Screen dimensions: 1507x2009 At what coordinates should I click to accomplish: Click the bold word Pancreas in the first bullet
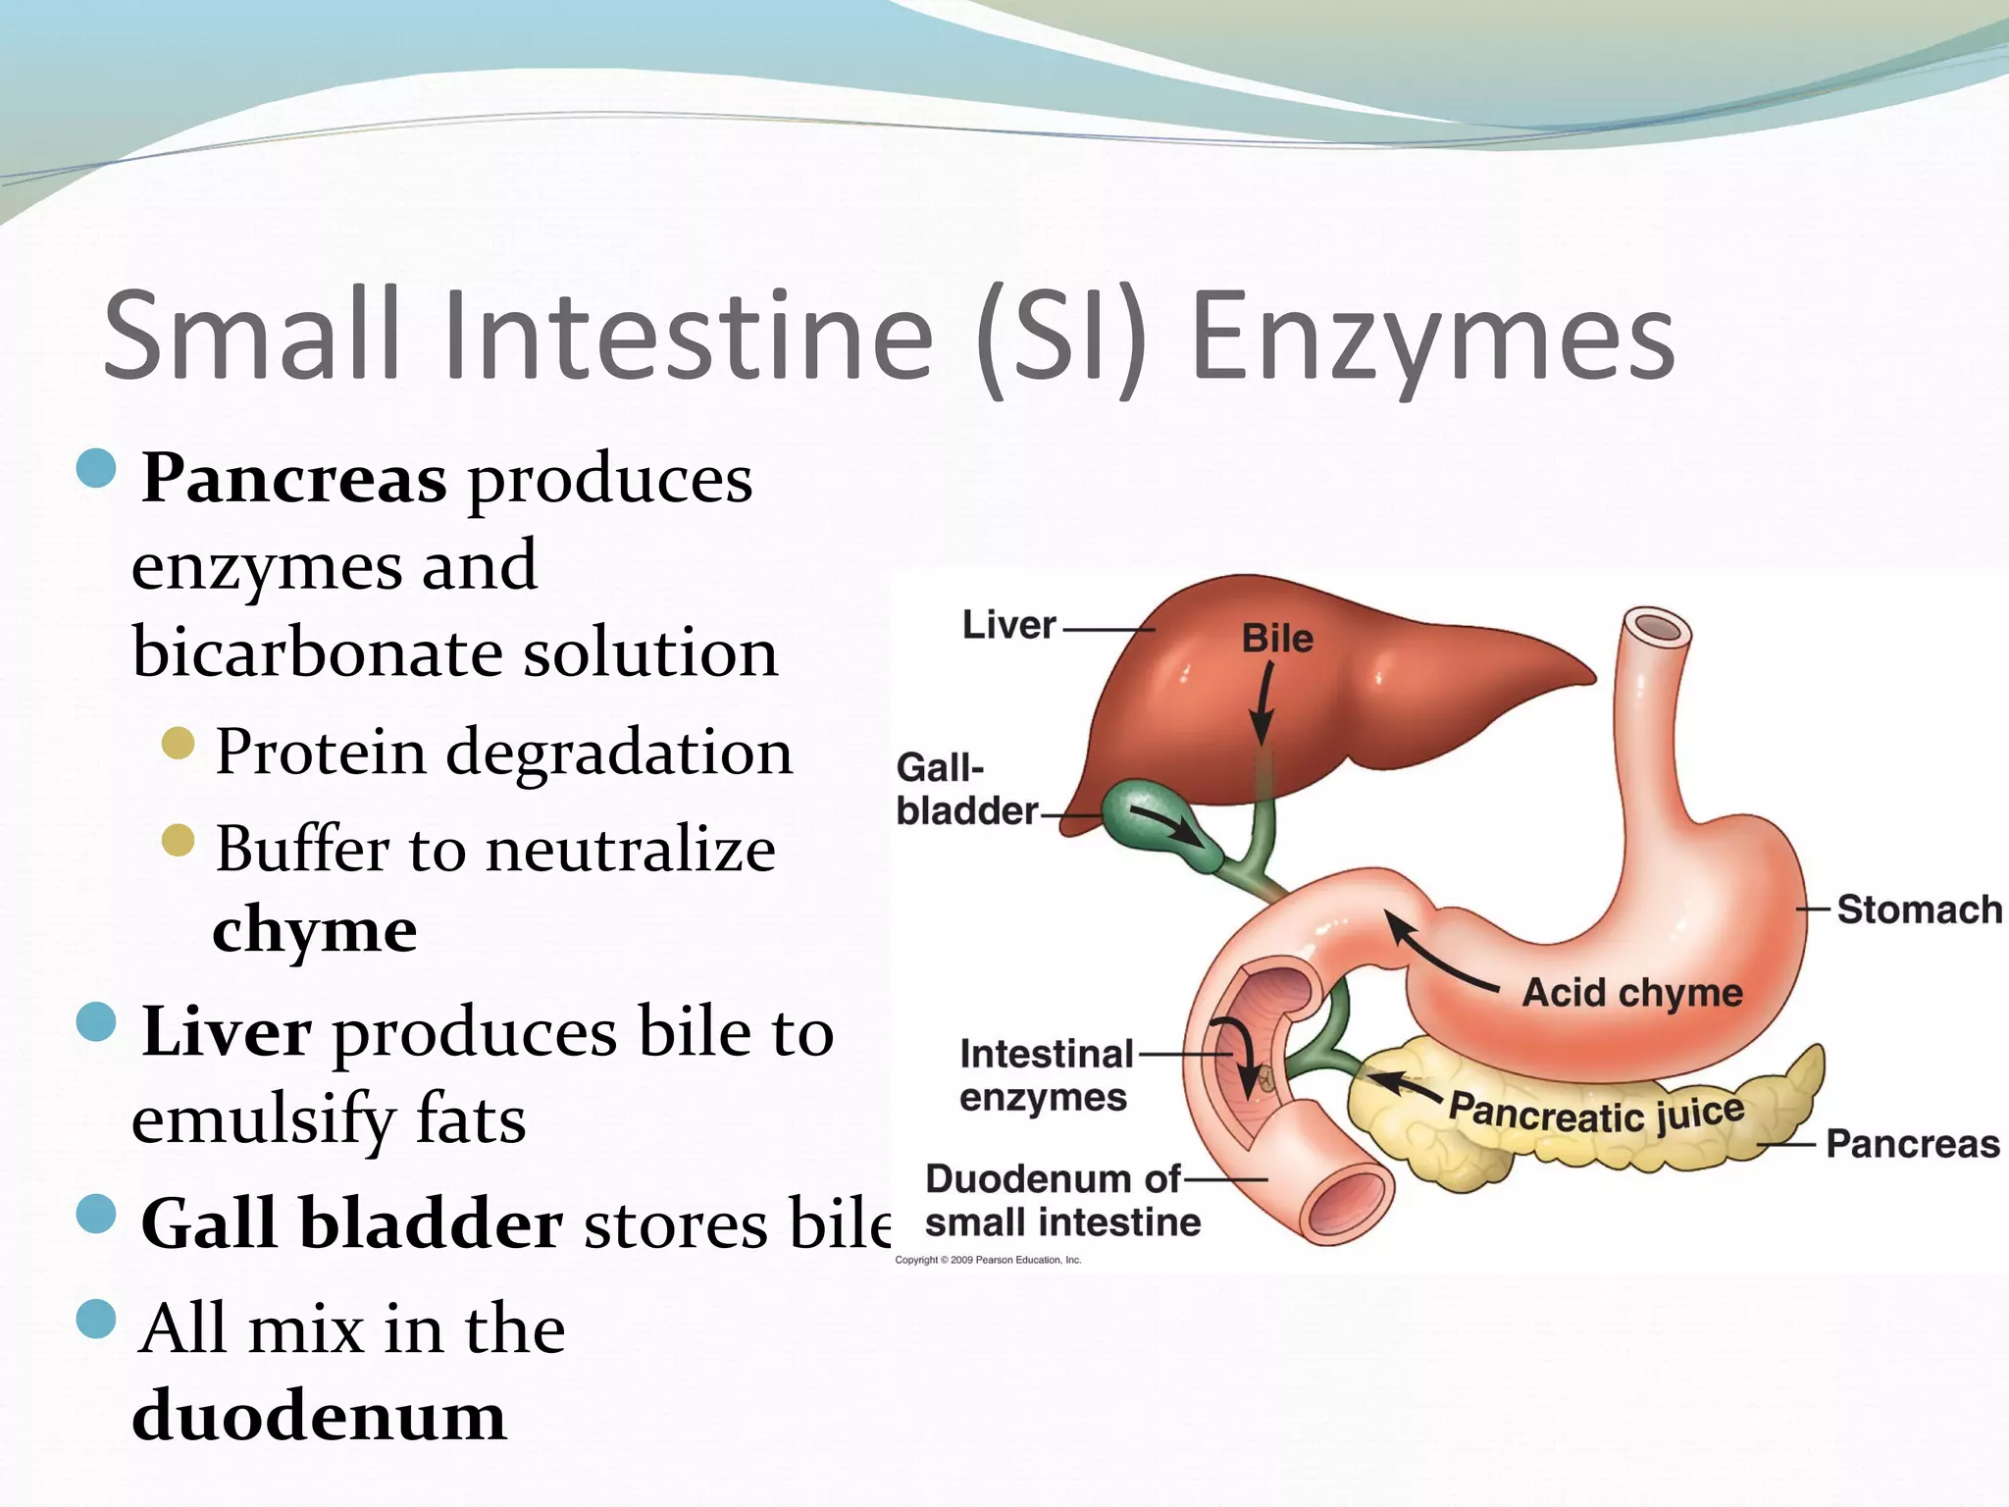[x=294, y=480]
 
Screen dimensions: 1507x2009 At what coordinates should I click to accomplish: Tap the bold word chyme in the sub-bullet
[x=315, y=929]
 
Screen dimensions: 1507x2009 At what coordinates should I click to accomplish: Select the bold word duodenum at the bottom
[x=320, y=1416]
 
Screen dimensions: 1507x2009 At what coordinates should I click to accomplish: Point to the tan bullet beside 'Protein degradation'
[x=178, y=744]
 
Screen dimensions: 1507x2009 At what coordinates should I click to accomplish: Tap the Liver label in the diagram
[x=1008, y=625]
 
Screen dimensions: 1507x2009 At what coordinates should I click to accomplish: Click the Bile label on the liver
[x=1277, y=639]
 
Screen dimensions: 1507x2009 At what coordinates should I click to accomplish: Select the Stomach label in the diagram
[x=1919, y=909]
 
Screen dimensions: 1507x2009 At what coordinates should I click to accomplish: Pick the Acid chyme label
[x=1632, y=993]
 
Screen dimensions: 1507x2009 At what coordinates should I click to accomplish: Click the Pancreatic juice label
[x=1597, y=1115]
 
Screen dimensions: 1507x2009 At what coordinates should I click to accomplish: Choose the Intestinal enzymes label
[x=1046, y=1075]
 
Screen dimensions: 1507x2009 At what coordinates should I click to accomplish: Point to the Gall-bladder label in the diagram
[x=965, y=789]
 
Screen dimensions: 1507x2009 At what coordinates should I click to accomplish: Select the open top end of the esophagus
[x=1657, y=627]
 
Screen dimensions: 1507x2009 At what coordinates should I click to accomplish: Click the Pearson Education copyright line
[x=988, y=1260]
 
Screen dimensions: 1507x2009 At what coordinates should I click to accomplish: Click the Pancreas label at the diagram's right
[x=1912, y=1144]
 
